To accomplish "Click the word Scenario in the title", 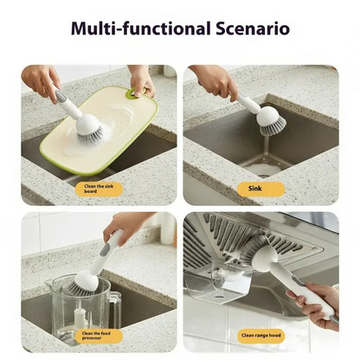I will tap(252, 29).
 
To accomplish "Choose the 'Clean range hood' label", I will tap(260, 335).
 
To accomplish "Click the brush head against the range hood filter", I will tap(255, 252).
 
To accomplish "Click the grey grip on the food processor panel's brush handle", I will tap(104, 250).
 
